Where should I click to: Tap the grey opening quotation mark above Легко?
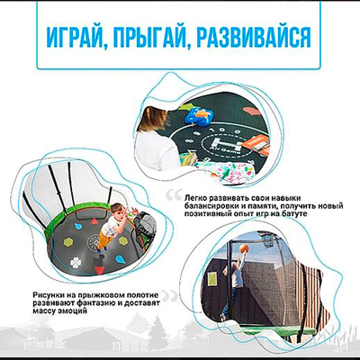[172, 188]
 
